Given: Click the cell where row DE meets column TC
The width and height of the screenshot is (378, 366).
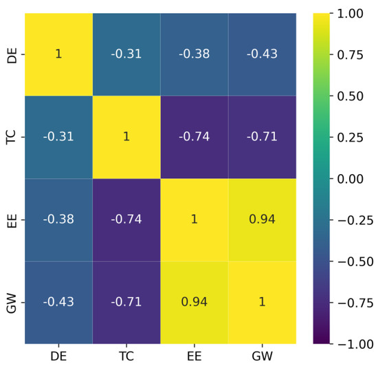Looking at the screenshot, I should point(126,54).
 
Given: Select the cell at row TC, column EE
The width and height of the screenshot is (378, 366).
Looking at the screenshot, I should point(194,137).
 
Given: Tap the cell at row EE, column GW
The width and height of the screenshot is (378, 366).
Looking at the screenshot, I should point(262,219).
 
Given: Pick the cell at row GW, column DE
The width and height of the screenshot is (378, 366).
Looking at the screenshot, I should point(58,302).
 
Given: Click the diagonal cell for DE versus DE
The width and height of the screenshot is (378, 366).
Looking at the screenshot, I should point(58,54).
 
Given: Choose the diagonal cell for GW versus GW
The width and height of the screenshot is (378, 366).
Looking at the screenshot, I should point(262,302).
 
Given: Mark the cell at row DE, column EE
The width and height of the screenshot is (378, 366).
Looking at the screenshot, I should point(194,54).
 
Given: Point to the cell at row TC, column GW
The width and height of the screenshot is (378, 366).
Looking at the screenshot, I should point(262,137).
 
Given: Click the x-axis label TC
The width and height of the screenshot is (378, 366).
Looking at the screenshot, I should point(126,356).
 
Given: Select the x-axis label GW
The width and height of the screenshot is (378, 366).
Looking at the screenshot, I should point(262,356).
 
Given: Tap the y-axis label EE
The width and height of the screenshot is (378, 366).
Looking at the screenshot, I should point(12,219).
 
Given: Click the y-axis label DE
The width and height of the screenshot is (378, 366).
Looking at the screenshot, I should point(12,54).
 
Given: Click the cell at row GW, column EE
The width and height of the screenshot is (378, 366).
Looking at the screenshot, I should point(194,302).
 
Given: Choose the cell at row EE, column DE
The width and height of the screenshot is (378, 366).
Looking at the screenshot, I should point(58,219).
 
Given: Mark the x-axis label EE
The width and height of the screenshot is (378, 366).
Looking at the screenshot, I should point(194,356).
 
